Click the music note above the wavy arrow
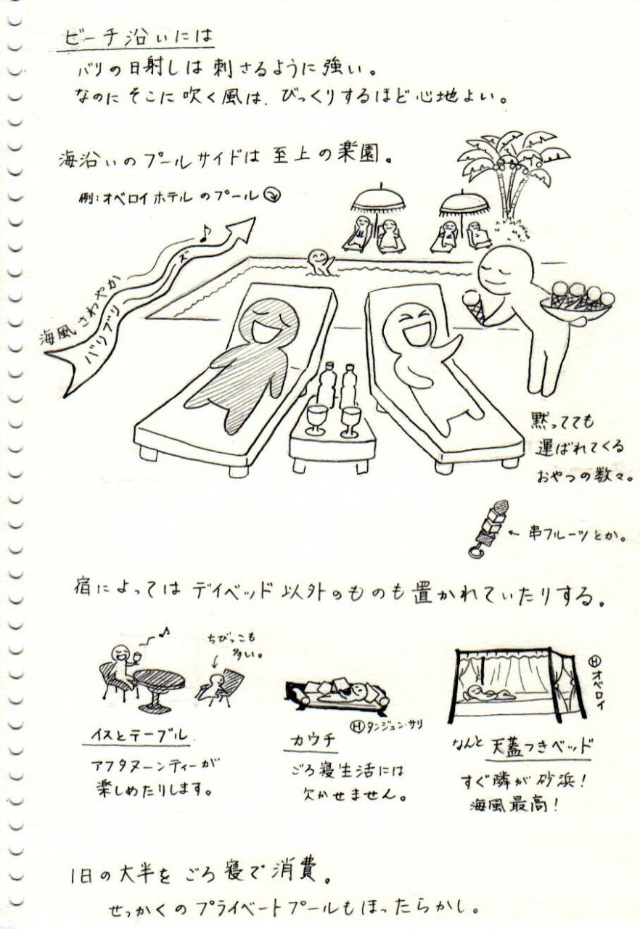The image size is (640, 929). [x=205, y=234]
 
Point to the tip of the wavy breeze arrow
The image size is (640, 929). [x=254, y=217]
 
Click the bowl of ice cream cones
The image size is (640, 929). [x=577, y=300]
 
